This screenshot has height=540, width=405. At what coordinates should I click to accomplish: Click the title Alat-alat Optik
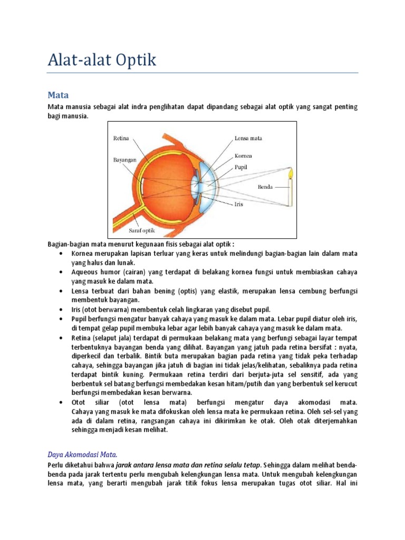(x=102, y=60)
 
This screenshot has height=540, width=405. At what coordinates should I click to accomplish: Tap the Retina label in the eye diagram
(x=121, y=138)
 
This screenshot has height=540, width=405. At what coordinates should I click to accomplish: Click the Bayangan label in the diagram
(x=124, y=159)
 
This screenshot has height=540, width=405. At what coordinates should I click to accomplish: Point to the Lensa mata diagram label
(x=248, y=138)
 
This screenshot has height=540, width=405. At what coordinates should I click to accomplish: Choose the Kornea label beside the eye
(x=243, y=156)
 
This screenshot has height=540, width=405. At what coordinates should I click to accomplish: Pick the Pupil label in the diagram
(x=241, y=167)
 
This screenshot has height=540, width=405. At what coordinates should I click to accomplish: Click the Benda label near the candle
(x=265, y=187)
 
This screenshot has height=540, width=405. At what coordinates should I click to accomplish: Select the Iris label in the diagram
(x=239, y=204)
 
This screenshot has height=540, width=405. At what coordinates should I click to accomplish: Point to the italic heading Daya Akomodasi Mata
(x=82, y=454)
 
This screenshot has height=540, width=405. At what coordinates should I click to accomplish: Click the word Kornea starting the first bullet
(x=81, y=254)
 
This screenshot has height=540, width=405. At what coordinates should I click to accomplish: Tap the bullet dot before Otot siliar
(x=62, y=402)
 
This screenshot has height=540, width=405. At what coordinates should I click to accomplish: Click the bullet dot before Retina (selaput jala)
(x=62, y=337)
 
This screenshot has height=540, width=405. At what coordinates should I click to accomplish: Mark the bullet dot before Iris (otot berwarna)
(x=62, y=310)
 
